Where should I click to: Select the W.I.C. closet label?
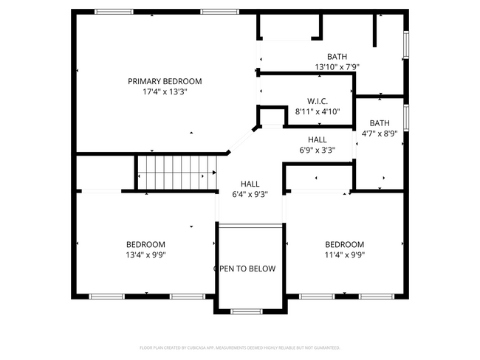[x=318, y=101]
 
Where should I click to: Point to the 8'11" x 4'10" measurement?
[x=318, y=112]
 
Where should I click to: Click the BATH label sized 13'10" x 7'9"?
[x=337, y=56]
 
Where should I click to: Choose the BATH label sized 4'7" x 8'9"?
[x=380, y=123]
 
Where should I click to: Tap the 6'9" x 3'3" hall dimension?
[x=318, y=150]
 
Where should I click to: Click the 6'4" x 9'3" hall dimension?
[x=250, y=195]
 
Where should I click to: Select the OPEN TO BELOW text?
[x=244, y=269]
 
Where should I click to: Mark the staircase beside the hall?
[x=175, y=173]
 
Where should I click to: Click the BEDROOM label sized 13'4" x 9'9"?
[x=145, y=244]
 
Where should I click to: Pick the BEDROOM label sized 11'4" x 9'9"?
[x=344, y=244]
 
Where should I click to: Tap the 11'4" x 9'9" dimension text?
[x=344, y=255]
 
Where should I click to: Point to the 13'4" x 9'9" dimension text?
[x=145, y=255]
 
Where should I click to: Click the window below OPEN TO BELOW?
[x=247, y=311]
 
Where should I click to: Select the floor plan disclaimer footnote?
[x=239, y=347]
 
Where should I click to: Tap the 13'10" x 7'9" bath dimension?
[x=337, y=67]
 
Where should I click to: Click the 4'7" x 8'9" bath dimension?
[x=380, y=134]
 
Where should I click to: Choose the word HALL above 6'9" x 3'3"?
[x=318, y=139]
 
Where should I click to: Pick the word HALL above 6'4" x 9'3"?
[x=250, y=184]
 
